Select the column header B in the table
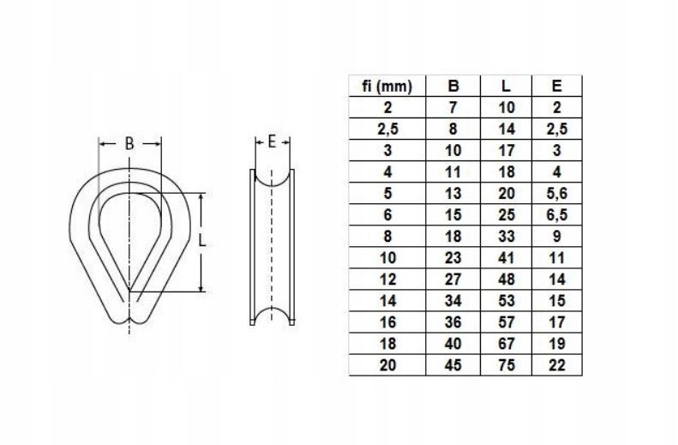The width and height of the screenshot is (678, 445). click(453, 86)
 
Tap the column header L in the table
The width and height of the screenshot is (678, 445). click(507, 86)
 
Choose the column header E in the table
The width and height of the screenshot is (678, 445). click(556, 86)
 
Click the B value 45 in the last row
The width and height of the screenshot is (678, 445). click(453, 364)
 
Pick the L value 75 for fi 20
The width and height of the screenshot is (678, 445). click(507, 364)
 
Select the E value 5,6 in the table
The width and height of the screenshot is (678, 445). click(556, 193)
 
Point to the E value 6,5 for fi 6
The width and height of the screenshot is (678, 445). click(556, 214)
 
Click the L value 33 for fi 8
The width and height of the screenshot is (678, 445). click(507, 236)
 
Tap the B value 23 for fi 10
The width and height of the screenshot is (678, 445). click(453, 257)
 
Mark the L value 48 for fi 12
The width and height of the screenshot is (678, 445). click(507, 279)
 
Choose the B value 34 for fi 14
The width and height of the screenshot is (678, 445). click(453, 300)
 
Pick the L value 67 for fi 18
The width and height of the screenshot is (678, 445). click(507, 343)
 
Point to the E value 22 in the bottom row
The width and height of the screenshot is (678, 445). click(556, 364)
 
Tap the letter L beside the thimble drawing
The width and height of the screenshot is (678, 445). click(202, 242)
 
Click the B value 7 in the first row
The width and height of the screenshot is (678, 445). click(453, 107)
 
